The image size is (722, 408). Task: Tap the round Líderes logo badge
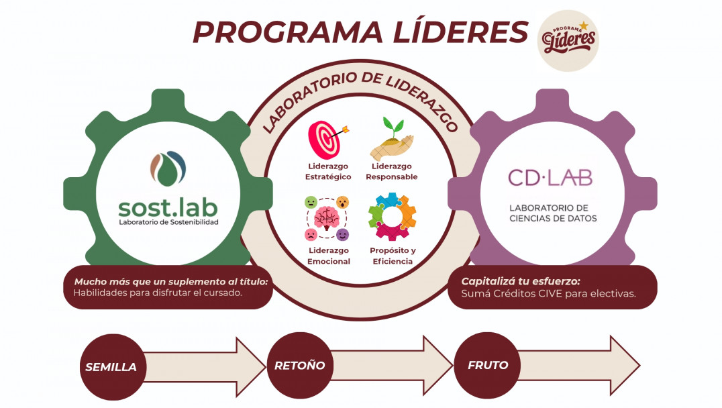coord(569,41)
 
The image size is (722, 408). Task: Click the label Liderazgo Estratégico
coord(329,172)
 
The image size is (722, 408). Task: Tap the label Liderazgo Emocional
coord(329,256)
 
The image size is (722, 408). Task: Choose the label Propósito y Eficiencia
coord(393,256)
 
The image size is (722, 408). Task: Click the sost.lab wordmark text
coord(168,205)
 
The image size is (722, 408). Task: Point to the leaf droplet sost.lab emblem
coord(168,168)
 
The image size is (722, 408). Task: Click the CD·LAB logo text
coord(550,178)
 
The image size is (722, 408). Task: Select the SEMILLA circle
coord(111,367)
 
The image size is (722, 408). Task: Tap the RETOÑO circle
coord(299,366)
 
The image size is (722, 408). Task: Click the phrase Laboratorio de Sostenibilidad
coord(168,221)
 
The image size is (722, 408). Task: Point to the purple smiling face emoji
coord(343,234)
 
